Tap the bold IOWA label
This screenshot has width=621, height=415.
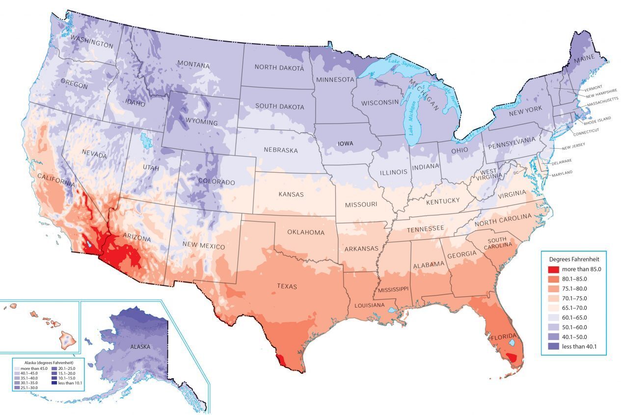pos(348,144)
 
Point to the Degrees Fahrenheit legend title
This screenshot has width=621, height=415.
pos(574,259)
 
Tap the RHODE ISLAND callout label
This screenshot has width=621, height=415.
pos(598,118)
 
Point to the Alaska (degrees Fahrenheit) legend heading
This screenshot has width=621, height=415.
pos(48,362)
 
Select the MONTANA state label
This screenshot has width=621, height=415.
pos(193,65)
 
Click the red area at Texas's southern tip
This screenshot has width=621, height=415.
pos(280,360)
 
